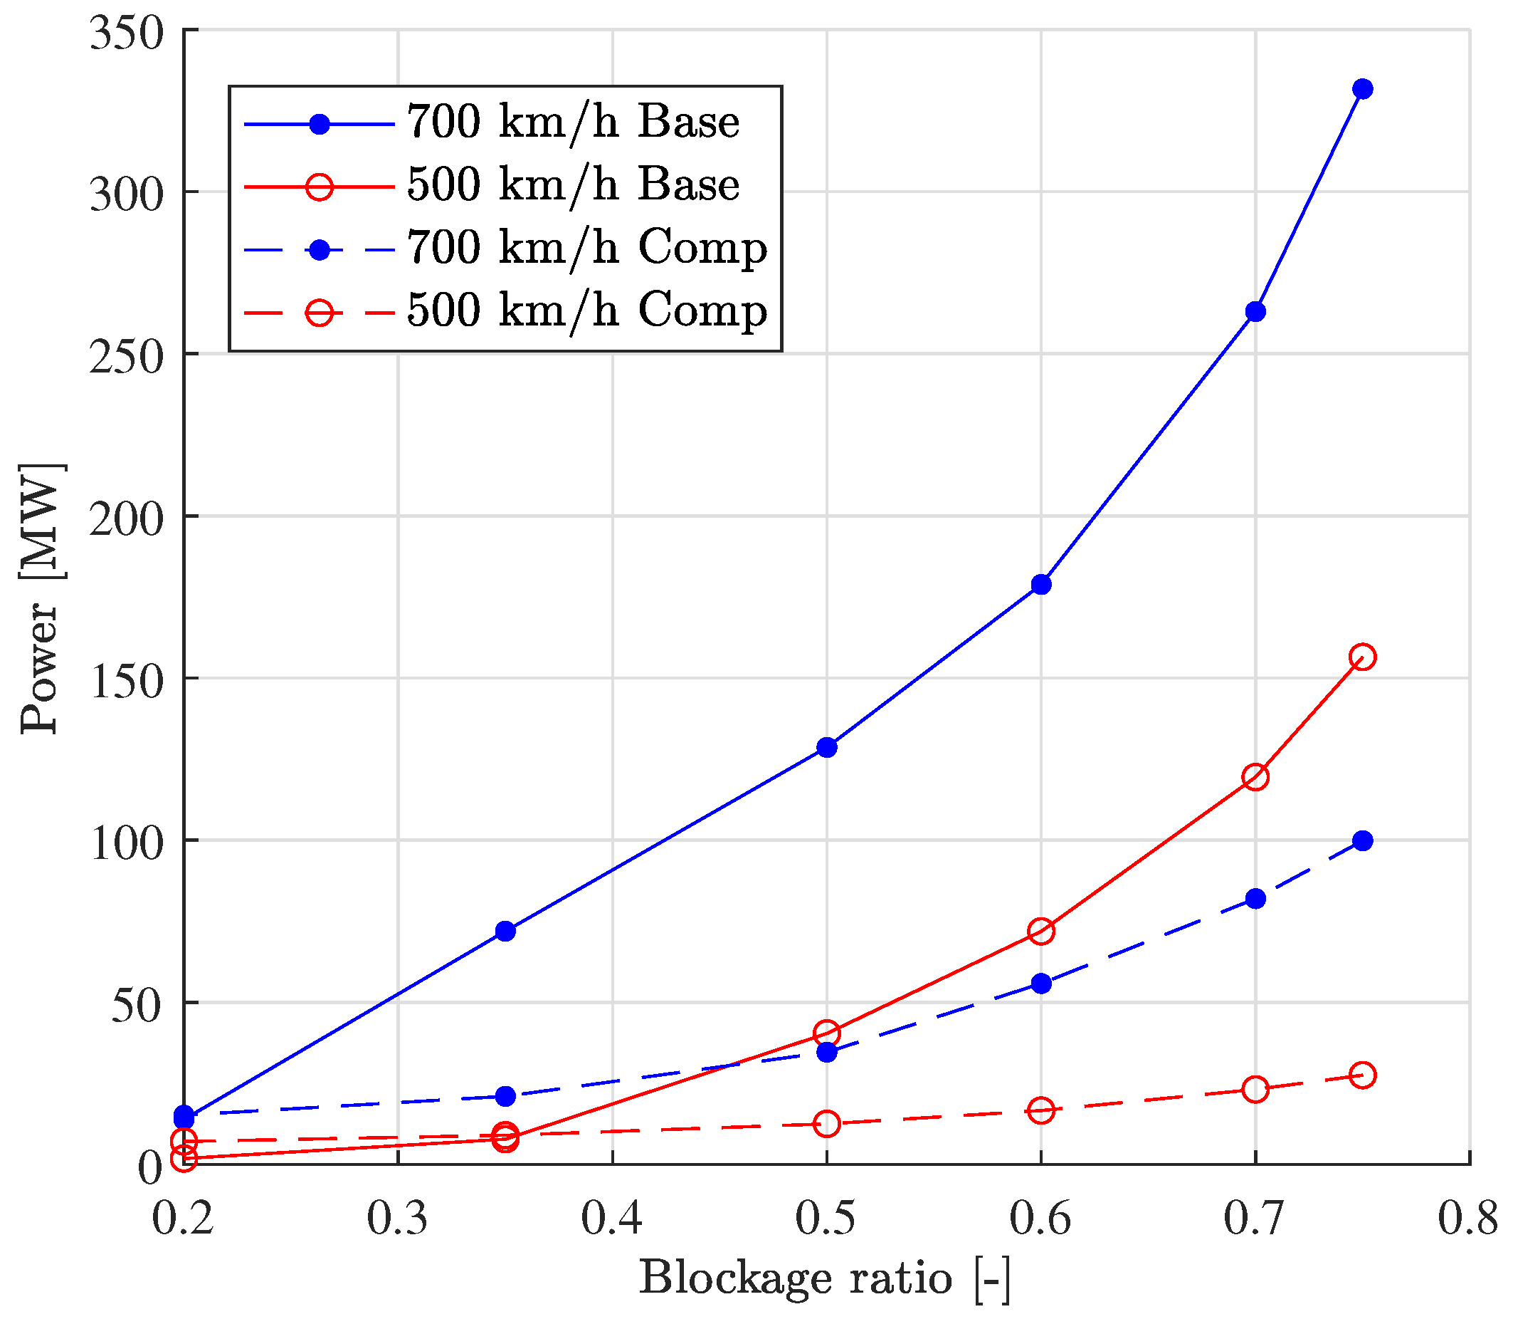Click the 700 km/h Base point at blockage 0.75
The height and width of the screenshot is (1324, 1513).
point(1362,90)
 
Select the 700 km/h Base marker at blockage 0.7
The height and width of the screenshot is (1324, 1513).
point(1255,312)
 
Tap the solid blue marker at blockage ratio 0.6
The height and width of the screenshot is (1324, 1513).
point(1041,585)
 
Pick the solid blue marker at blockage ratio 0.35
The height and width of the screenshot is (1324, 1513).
point(505,931)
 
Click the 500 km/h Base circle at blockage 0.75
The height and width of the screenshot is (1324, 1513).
point(1362,657)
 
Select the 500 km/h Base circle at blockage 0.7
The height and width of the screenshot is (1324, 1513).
point(1255,777)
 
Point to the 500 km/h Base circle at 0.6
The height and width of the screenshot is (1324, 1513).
point(1041,932)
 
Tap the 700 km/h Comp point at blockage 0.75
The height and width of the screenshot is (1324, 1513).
point(1362,841)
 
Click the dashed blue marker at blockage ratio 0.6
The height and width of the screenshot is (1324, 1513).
point(1041,984)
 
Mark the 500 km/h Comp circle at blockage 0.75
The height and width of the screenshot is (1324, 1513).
point(1362,1075)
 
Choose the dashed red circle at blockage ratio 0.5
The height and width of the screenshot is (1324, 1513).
point(827,1124)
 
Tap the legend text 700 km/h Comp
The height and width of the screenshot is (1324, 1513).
point(587,249)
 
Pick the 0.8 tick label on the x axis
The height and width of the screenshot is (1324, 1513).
point(1468,1219)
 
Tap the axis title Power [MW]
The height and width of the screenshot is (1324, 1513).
point(40,598)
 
